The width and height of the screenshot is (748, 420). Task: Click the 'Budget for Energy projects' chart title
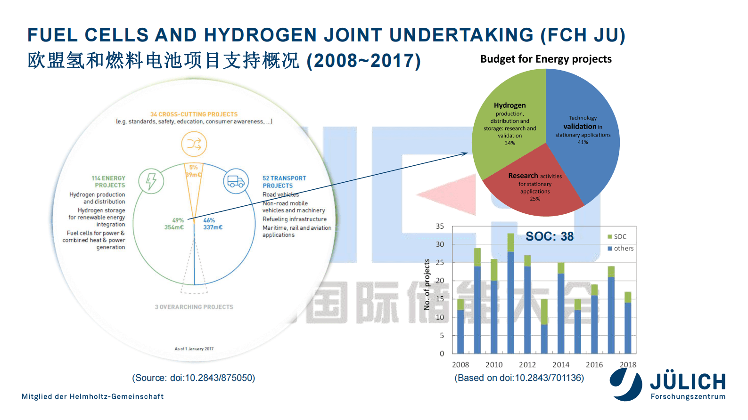tap(546, 59)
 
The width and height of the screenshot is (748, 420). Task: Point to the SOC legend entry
tap(617, 237)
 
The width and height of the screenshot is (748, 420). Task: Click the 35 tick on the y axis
tap(440, 226)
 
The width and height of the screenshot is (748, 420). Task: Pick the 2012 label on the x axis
tap(527, 365)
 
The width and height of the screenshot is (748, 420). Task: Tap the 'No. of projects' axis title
tap(427, 285)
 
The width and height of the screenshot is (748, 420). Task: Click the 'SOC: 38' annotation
tap(550, 236)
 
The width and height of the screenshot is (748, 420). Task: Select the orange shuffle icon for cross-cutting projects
tap(194, 144)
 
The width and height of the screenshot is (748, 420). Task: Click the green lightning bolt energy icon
tap(151, 181)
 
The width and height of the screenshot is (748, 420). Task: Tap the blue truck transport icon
tap(236, 181)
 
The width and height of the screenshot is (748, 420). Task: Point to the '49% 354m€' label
tap(175, 224)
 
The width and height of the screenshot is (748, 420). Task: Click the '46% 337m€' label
tap(213, 224)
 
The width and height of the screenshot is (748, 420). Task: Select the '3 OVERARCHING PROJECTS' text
tap(194, 307)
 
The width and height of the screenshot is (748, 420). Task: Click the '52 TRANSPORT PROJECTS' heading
tap(284, 182)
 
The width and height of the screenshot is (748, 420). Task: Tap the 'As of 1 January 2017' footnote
tap(194, 349)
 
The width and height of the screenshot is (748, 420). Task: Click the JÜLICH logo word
tap(688, 382)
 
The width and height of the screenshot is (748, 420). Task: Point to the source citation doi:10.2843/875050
tap(194, 378)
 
